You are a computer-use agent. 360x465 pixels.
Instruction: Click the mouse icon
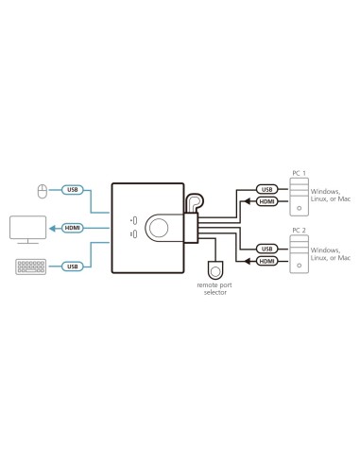[41, 192]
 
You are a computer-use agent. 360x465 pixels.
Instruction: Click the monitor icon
[27, 229]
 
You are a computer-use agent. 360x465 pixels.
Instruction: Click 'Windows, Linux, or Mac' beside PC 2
[332, 256]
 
